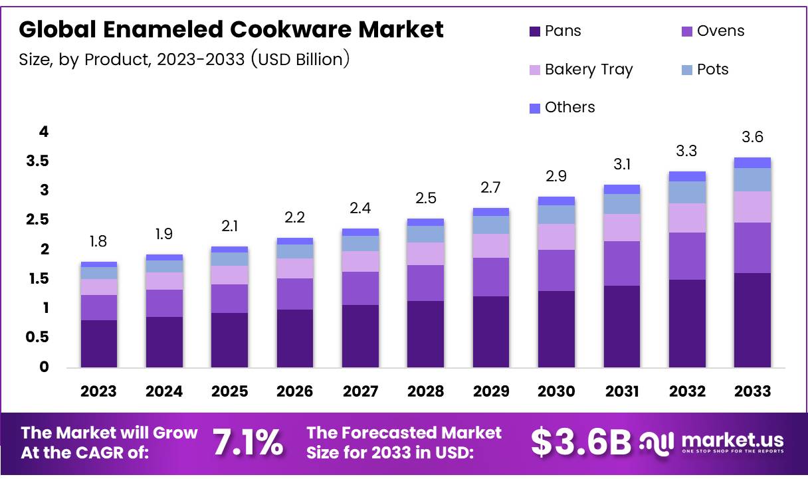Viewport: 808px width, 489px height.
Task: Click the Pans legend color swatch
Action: point(535,31)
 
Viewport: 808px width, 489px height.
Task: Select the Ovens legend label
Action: point(720,31)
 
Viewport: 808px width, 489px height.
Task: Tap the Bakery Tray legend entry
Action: point(588,70)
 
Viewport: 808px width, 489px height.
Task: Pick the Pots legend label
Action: point(712,70)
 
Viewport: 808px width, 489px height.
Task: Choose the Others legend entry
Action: point(569,108)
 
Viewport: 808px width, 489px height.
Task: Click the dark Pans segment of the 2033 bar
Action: point(752,320)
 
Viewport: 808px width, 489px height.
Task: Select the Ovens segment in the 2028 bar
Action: point(425,283)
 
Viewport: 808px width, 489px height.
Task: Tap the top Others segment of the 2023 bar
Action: point(99,264)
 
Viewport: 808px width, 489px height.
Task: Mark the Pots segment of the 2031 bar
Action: point(621,204)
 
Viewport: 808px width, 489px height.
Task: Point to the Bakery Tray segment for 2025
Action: point(229,275)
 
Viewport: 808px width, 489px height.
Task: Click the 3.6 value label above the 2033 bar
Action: point(752,138)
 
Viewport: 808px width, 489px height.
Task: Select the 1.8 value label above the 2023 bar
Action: point(99,241)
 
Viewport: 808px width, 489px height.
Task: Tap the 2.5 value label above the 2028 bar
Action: point(425,198)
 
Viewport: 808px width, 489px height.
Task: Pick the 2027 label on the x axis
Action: point(360,391)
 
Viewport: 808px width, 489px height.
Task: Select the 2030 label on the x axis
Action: point(556,391)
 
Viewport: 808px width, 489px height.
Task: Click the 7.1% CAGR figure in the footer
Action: point(248,443)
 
